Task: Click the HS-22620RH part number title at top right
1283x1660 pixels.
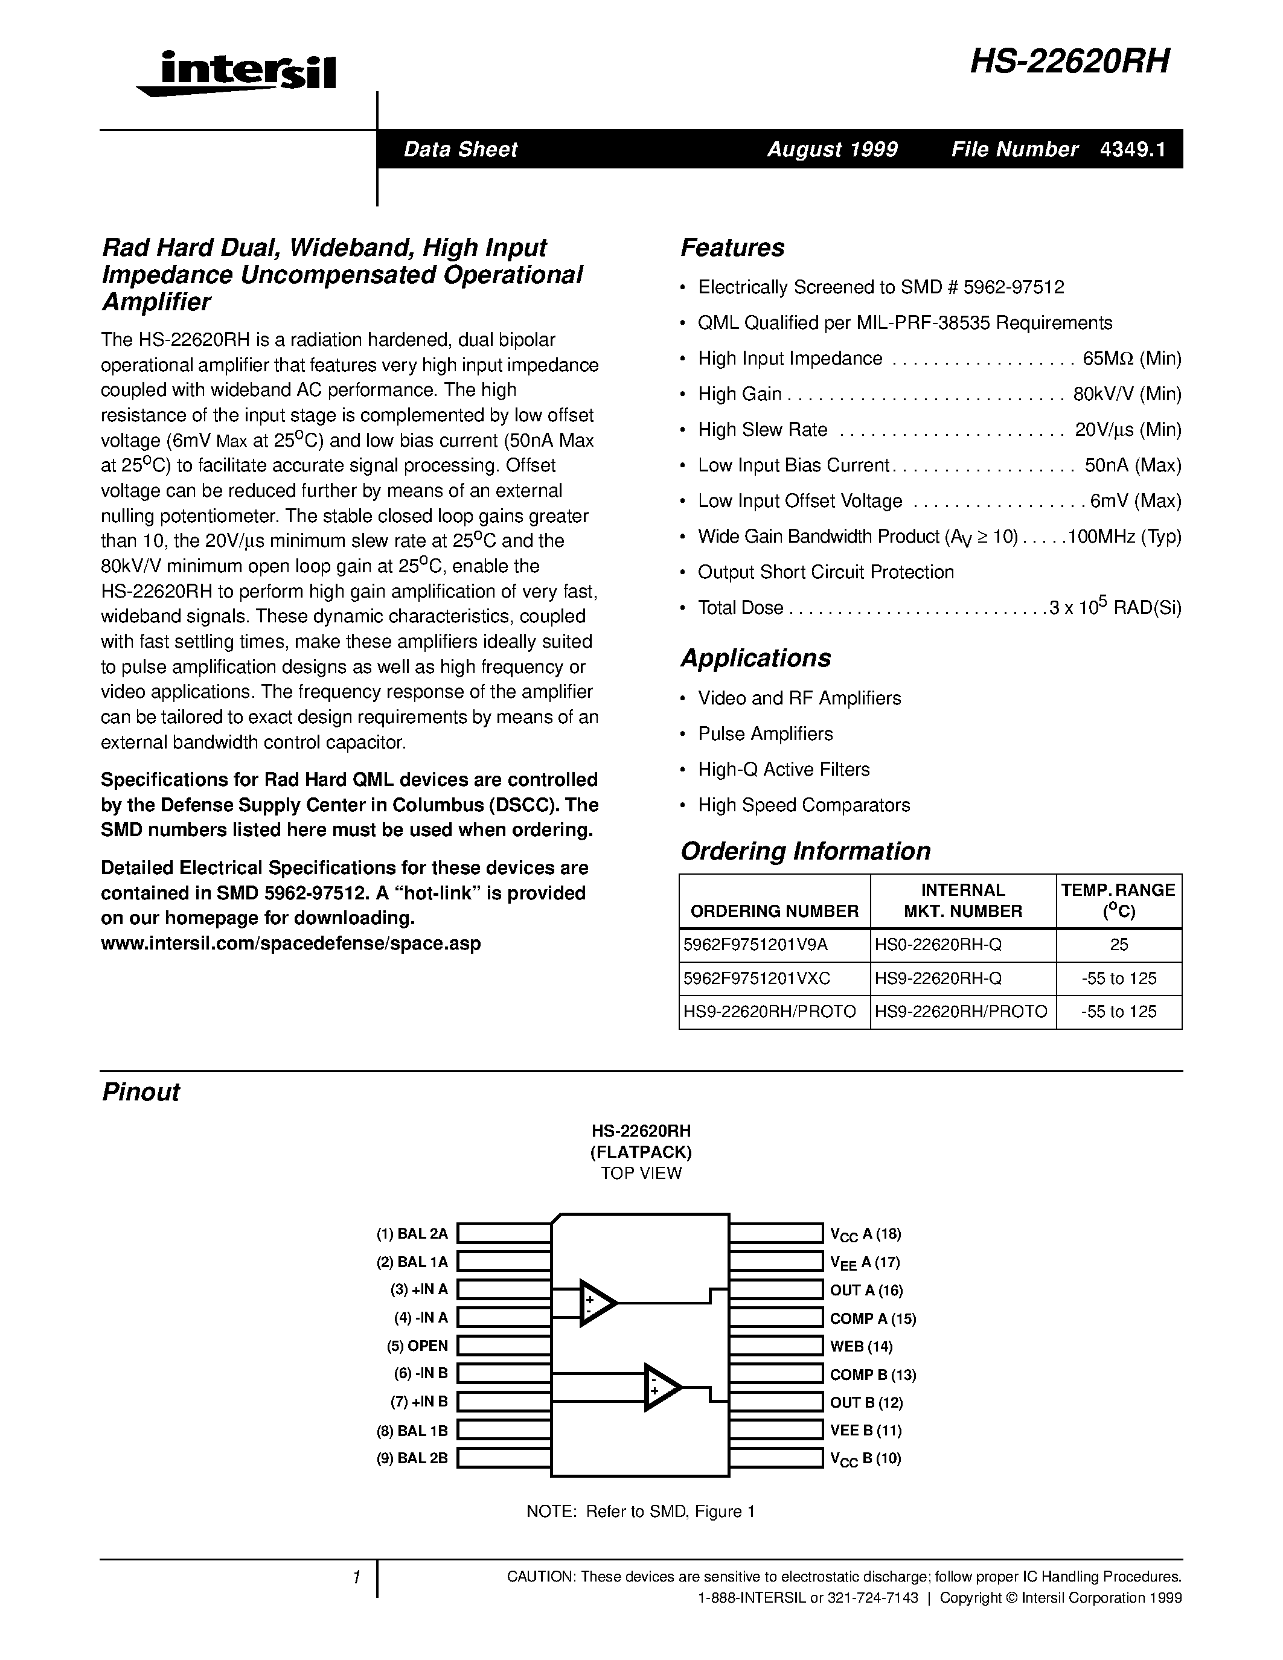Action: pos(1069,62)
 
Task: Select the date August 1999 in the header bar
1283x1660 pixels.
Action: pos(832,149)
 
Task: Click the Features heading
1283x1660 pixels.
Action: pos(732,247)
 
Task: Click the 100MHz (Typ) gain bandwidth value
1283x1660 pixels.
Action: pos(1124,537)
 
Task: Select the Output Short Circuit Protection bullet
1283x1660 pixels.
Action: pos(825,572)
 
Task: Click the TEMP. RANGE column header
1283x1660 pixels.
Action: pos(1118,901)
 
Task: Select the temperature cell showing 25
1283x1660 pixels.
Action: pos(1118,945)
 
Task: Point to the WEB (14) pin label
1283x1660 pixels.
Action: pos(861,1346)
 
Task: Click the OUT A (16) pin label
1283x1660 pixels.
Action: pos(866,1290)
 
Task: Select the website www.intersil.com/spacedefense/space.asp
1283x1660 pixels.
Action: pos(290,943)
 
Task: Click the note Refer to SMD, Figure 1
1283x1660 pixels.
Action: pos(640,1511)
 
